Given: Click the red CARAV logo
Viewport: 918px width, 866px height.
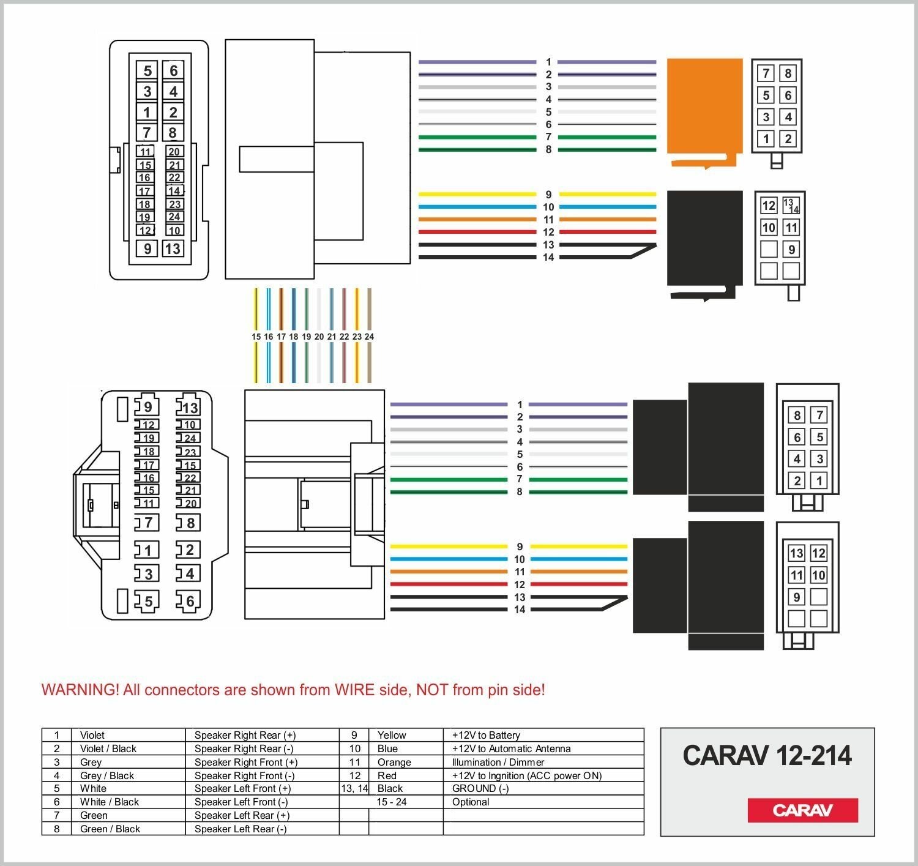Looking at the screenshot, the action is (802, 810).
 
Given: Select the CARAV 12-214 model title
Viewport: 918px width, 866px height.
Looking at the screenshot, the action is (767, 756).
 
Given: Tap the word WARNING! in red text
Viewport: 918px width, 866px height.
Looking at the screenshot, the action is (80, 690).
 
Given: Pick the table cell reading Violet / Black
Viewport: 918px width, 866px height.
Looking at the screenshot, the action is (108, 748).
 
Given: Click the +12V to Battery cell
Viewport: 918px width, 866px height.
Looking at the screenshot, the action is (486, 735).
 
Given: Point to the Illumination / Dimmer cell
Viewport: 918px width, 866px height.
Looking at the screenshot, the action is (498, 762).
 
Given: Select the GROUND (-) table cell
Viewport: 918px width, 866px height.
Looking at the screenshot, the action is (480, 788).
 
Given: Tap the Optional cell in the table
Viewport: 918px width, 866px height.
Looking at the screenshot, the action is (471, 802).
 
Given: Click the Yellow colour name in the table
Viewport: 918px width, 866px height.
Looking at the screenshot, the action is (392, 735).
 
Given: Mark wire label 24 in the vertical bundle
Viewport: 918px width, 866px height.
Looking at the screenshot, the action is (369, 337).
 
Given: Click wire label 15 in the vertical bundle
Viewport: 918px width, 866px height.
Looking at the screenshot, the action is (256, 337).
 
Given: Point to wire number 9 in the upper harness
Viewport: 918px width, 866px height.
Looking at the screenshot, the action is (548, 195).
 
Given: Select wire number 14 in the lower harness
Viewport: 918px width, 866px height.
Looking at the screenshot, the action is (520, 610).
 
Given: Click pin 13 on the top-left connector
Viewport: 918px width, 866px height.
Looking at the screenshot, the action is (173, 248).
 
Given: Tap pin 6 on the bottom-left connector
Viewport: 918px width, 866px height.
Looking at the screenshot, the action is (190, 601).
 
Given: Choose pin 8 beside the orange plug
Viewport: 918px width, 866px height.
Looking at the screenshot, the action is (788, 73).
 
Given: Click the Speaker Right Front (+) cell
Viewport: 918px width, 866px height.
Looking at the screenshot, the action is (246, 762).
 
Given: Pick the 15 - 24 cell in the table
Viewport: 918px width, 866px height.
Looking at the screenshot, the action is (392, 802).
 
